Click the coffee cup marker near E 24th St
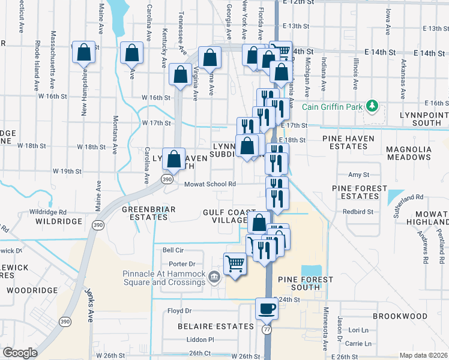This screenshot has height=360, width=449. (x=267, y=309)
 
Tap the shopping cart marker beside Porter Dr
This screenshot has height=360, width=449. (x=235, y=263)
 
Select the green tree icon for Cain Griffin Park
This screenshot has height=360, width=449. (x=372, y=106)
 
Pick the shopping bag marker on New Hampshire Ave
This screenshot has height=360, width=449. (x=84, y=52)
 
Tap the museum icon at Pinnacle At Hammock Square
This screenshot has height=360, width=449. (x=215, y=276)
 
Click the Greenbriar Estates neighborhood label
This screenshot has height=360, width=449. (x=145, y=213)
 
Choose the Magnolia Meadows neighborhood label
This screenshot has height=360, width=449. (x=417, y=153)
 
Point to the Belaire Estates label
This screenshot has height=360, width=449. (x=215, y=326)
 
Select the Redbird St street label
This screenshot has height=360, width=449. (x=358, y=212)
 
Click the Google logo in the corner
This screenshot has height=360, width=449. (x=20, y=353)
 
